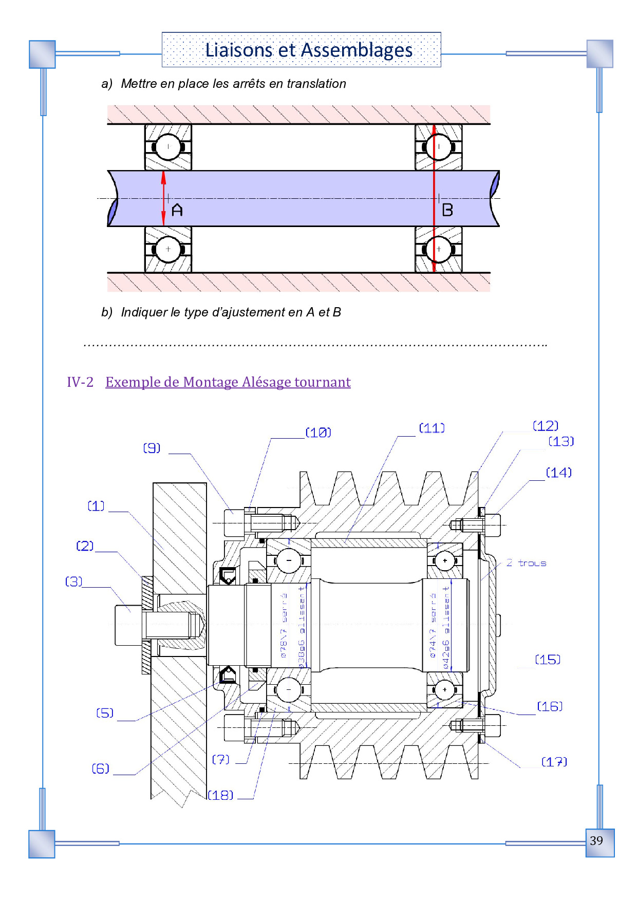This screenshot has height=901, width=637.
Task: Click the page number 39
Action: (x=596, y=841)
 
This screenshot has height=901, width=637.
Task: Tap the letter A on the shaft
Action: (x=177, y=210)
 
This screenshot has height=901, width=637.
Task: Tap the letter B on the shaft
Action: (x=447, y=210)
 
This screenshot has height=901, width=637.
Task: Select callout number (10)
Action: (x=318, y=433)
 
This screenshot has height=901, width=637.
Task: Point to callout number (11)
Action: (x=432, y=428)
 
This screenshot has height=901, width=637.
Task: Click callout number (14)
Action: (x=559, y=473)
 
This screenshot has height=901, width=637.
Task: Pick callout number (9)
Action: (x=152, y=448)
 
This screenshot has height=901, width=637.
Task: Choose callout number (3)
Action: (x=73, y=581)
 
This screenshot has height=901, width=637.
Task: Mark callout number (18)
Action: (x=220, y=795)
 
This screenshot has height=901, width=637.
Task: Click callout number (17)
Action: (x=554, y=762)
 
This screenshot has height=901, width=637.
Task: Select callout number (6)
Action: (x=101, y=768)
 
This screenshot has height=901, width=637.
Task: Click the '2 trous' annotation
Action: (x=526, y=563)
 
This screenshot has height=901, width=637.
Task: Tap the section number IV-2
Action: (x=80, y=382)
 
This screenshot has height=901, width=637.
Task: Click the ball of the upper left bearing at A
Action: (x=168, y=147)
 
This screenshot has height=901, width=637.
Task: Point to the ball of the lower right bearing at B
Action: (x=438, y=249)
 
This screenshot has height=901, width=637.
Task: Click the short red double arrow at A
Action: (x=164, y=198)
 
